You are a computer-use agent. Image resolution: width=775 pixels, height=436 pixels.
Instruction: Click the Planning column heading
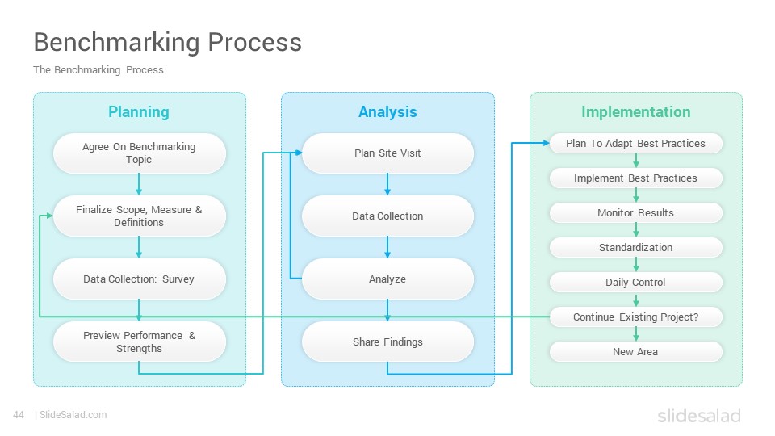[x=139, y=112]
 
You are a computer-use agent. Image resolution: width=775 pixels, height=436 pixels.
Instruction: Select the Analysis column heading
[x=387, y=112]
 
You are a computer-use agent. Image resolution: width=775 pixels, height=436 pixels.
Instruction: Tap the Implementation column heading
[x=635, y=112]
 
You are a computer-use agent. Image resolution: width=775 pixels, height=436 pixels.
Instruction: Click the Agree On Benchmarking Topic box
[x=140, y=153]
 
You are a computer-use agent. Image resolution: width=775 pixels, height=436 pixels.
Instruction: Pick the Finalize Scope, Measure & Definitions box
[x=140, y=216]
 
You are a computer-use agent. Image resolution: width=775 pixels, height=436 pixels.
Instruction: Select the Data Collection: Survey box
[x=140, y=279]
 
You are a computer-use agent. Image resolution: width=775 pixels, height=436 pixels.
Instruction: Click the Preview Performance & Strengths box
[x=140, y=342]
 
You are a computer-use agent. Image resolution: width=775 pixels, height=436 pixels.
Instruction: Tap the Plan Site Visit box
[x=388, y=153]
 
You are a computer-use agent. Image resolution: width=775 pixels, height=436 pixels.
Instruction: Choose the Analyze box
[x=388, y=279]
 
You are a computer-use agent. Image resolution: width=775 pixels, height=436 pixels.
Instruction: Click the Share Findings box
[x=388, y=342]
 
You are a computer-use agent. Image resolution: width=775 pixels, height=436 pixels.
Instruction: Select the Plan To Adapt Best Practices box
[x=636, y=144]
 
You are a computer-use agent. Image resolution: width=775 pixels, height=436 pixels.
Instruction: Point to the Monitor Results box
[x=636, y=212]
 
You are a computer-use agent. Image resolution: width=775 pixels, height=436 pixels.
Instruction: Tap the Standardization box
[x=636, y=247]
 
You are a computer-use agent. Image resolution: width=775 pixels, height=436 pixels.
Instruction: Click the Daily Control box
[x=636, y=283]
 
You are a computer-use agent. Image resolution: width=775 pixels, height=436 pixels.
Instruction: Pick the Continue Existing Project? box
[x=636, y=317]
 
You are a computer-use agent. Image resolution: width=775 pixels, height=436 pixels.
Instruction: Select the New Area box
[x=636, y=351]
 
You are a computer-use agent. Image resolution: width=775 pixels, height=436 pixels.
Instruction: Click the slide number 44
[x=19, y=415]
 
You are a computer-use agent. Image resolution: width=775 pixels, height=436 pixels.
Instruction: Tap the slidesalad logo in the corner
[x=699, y=415]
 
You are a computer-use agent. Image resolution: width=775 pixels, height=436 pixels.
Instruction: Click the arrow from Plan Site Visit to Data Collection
[x=387, y=184]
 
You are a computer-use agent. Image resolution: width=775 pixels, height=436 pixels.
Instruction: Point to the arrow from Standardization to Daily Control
[x=636, y=265]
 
